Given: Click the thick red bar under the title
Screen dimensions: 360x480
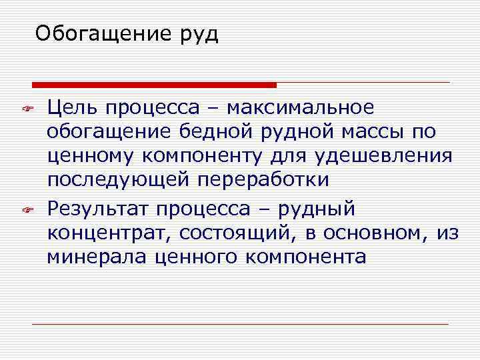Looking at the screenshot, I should pos(154,85).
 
